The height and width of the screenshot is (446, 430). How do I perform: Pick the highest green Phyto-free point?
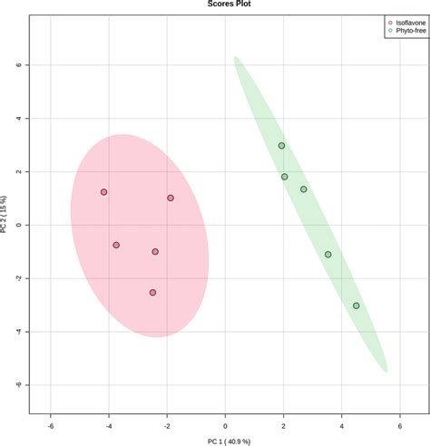click(x=282, y=145)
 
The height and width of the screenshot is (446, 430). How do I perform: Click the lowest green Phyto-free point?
click(x=357, y=305)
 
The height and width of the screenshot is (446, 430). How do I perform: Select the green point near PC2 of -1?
click(x=328, y=255)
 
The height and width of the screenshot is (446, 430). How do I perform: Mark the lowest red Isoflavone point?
click(x=152, y=292)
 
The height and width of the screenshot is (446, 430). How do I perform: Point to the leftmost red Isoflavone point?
click(x=104, y=192)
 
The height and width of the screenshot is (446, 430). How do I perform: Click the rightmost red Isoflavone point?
click(x=171, y=198)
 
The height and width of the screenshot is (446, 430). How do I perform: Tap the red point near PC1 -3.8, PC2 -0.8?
click(x=116, y=245)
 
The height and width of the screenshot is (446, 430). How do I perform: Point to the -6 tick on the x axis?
click(x=51, y=428)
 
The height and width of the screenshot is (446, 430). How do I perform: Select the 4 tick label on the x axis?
click(x=342, y=428)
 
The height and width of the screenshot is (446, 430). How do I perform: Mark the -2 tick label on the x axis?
click(x=167, y=428)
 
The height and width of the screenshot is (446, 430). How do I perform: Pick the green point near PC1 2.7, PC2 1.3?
click(x=304, y=189)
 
